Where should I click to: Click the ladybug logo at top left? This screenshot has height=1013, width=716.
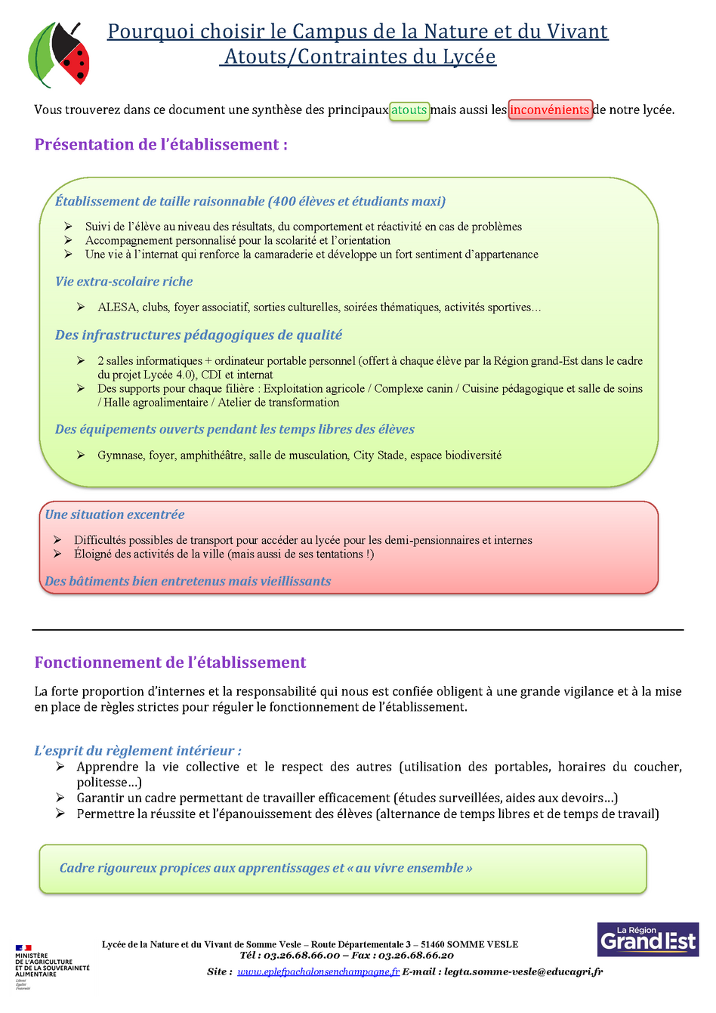tap(59, 55)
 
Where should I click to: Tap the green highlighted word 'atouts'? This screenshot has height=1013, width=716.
tap(409, 110)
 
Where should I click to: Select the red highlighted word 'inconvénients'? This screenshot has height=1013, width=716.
tap(549, 110)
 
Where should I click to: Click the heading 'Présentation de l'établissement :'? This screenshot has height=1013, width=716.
tap(161, 144)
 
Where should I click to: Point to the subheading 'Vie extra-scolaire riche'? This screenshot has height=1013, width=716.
tap(124, 282)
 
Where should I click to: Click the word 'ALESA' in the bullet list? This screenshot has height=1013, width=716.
tap(117, 307)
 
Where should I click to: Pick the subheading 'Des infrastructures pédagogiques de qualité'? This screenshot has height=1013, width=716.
tap(199, 335)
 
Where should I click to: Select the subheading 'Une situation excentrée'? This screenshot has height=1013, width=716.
tap(115, 514)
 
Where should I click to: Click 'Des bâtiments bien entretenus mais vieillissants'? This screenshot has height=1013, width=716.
tap(188, 582)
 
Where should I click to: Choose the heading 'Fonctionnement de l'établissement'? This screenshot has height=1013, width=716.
tap(170, 662)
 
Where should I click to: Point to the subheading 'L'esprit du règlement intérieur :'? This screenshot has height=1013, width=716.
tap(137, 751)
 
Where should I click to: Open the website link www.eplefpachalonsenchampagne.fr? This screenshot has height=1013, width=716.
tap(318, 972)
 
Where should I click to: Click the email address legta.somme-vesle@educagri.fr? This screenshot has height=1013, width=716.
tap(523, 972)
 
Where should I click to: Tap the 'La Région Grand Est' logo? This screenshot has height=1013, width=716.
tap(647, 939)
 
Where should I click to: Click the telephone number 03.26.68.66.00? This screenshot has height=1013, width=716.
tap(301, 956)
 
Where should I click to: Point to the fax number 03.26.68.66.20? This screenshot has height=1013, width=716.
tap(415, 956)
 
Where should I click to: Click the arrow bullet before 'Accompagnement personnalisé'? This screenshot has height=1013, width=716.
tap(68, 240)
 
